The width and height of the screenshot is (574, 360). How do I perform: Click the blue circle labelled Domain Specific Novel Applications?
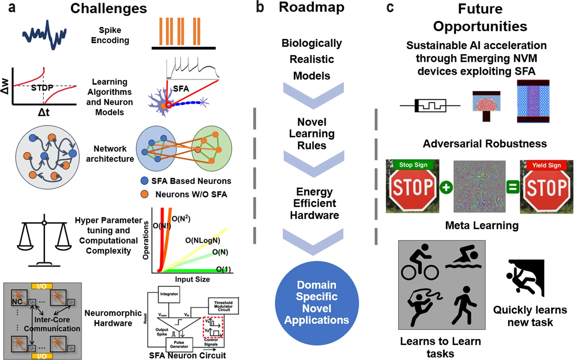316,303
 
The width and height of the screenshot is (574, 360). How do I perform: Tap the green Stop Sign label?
413,165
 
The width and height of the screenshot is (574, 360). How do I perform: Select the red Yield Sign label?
546,165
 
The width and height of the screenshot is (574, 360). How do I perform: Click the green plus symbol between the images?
446,187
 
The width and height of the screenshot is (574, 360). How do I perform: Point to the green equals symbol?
512,187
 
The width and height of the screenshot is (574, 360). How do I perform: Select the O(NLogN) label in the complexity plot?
202,240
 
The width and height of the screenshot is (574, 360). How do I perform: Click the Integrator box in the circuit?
169,294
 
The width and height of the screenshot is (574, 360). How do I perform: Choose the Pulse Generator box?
179,344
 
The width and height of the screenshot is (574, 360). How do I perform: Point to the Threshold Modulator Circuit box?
223,306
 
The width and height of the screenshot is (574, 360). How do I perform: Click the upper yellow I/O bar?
42,286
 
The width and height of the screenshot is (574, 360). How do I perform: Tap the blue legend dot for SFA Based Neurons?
144,181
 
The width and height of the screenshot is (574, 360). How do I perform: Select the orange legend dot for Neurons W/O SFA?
144,194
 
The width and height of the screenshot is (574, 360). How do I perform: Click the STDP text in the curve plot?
42,88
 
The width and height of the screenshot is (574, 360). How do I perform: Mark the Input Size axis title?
192,279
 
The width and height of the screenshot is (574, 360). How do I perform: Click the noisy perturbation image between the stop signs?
479,187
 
